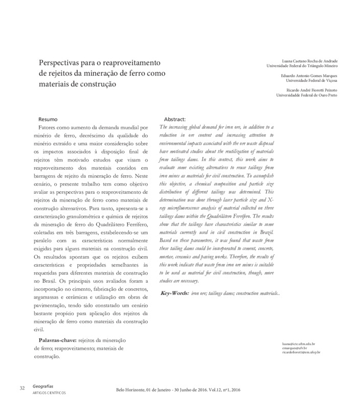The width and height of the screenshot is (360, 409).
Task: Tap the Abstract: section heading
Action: coord(176,119)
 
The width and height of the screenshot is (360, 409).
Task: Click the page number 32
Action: coord(22,389)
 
